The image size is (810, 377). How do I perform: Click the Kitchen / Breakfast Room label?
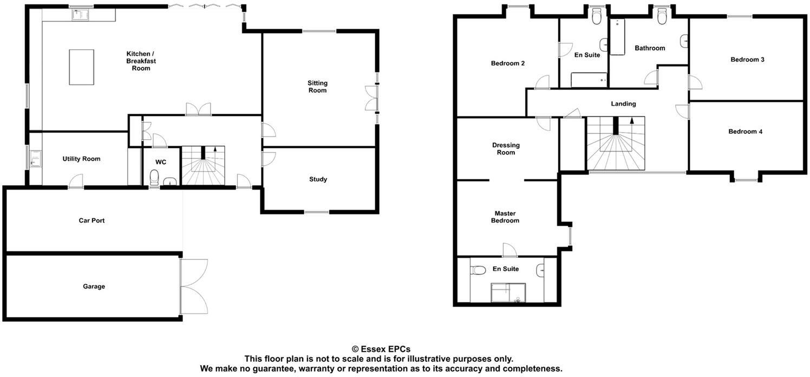[x=141, y=61]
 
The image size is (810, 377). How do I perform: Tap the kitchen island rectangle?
[x=81, y=67]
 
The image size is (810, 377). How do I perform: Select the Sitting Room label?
[x=317, y=87]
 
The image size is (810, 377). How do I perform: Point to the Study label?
[x=318, y=179]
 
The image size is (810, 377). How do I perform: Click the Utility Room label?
[x=81, y=159]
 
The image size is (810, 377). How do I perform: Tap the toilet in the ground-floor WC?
[x=154, y=177]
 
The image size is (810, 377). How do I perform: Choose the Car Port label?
[x=92, y=220]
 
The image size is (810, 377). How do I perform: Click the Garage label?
[x=94, y=286]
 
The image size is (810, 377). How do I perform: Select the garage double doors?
[x=193, y=285]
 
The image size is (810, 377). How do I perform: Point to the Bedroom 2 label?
[x=507, y=63]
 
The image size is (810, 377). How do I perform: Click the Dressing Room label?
[x=506, y=148]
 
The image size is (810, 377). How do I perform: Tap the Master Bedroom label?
[x=505, y=217]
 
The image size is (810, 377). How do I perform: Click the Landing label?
[x=623, y=103]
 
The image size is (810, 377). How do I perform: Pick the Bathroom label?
[x=650, y=48]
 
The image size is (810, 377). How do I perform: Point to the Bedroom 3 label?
[x=747, y=60]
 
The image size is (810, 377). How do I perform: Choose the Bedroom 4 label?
[x=745, y=131]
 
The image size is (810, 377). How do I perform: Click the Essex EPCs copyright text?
[x=381, y=349]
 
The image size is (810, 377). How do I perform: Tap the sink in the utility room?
[x=35, y=159]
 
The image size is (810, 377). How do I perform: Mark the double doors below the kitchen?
[x=198, y=109]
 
